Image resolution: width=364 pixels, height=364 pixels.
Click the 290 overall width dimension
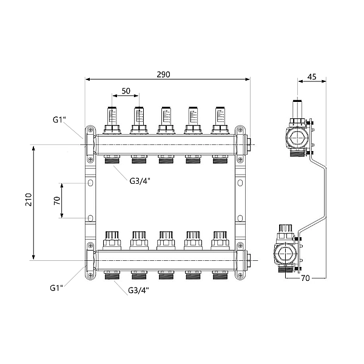[x=163, y=74]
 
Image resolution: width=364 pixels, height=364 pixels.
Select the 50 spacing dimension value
[x=126, y=90]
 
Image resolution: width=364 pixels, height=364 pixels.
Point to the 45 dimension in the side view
[x=312, y=76]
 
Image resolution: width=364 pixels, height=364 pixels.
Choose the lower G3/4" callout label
[x=139, y=290]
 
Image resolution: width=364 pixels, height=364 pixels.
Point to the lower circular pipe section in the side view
[x=285, y=254]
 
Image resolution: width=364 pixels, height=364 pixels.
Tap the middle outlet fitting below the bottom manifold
[x=165, y=275]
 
